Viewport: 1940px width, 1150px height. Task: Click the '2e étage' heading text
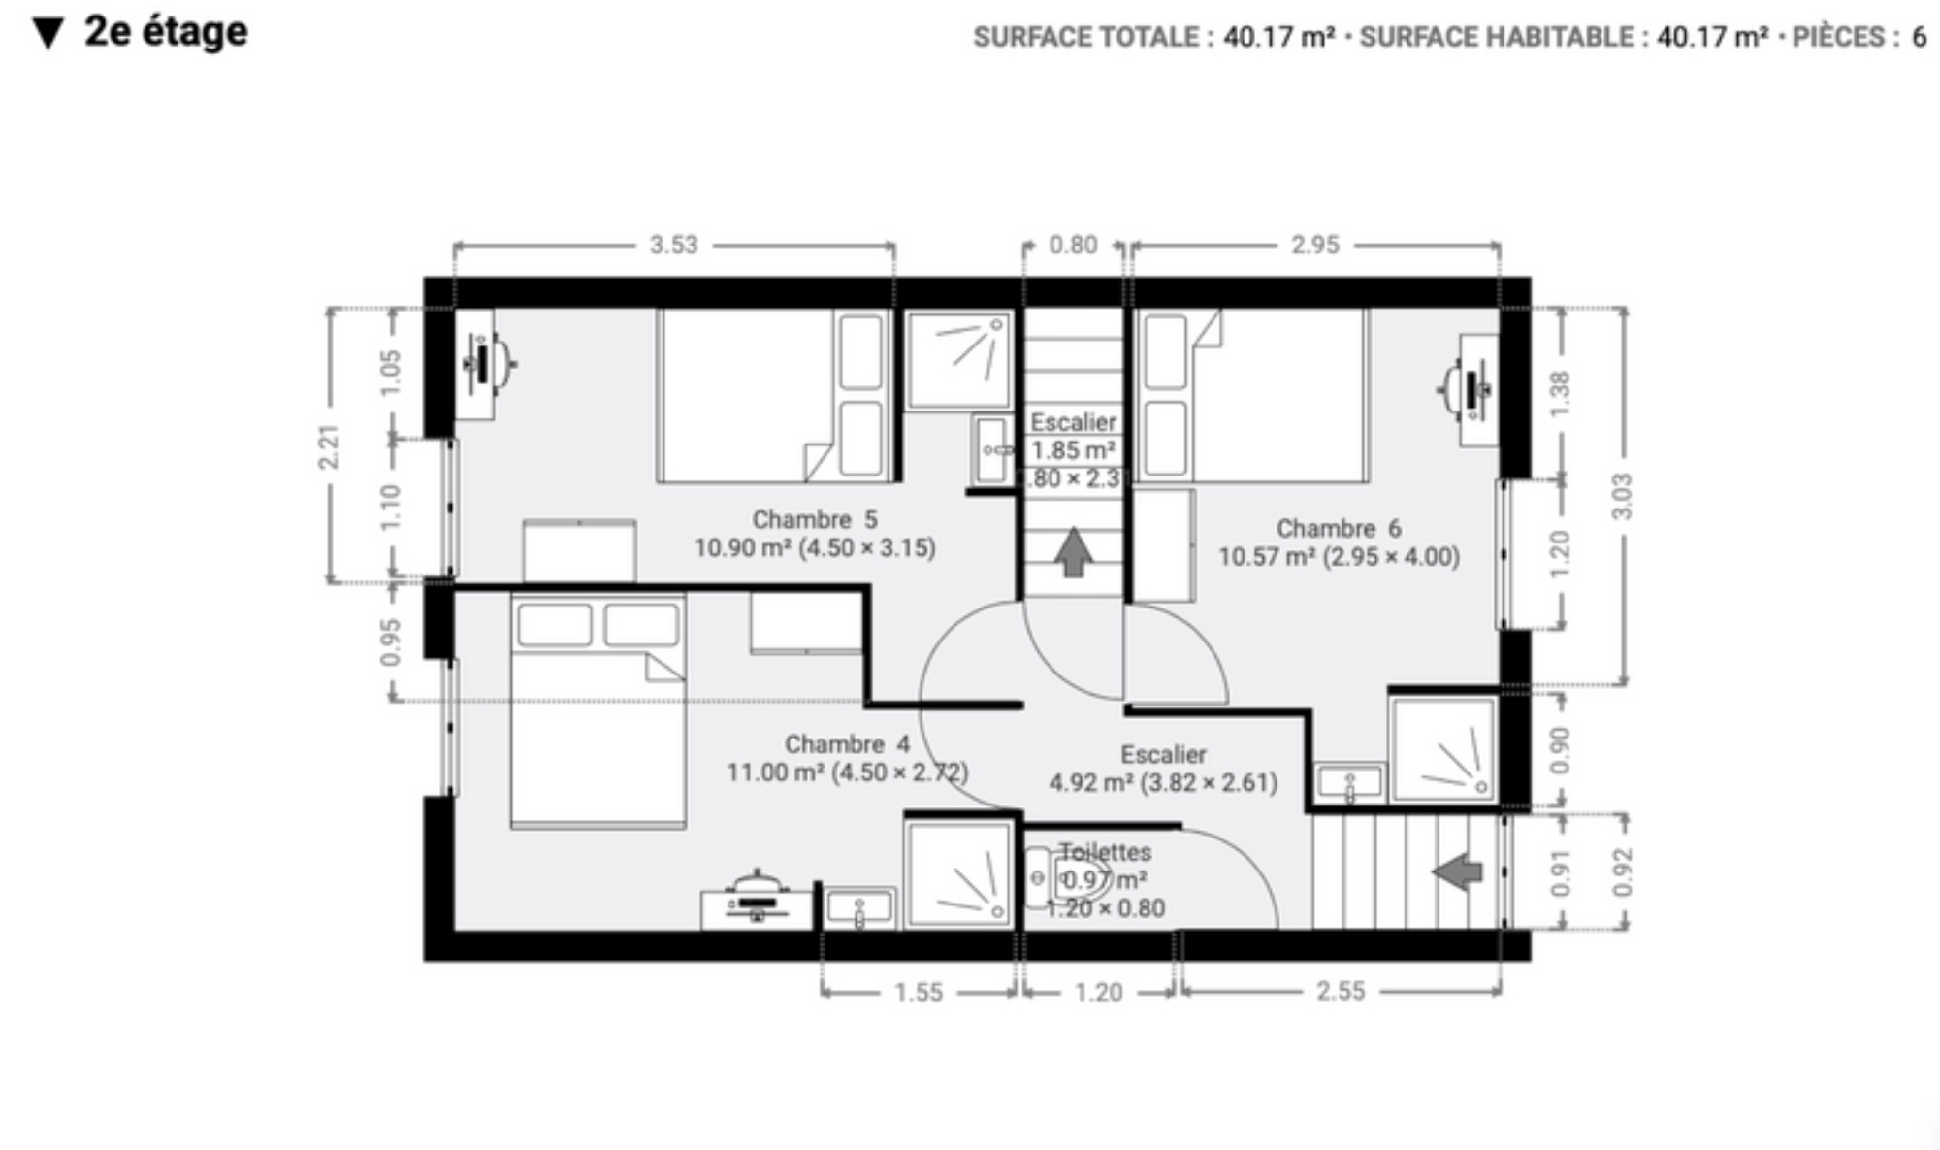[166, 32]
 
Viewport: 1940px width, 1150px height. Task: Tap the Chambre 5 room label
[815, 519]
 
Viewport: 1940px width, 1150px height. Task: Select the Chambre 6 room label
[1339, 529]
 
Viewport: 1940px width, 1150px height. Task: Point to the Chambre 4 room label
[848, 744]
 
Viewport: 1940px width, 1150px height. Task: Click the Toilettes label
[1105, 852]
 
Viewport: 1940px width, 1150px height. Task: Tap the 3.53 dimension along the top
[674, 245]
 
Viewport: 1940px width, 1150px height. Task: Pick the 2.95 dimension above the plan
[1315, 245]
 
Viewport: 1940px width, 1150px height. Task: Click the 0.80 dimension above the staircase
[1073, 245]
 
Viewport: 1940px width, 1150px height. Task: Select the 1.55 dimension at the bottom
[919, 992]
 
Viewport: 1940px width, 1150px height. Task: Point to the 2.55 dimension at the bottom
[1341, 991]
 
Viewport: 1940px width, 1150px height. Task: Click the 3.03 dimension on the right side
[1622, 496]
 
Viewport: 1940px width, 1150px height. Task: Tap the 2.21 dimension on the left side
[330, 447]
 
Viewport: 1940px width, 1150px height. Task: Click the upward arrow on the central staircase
[1073, 551]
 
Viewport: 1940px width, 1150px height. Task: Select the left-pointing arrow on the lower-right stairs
[1457, 871]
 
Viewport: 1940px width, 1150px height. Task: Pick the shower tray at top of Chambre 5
[957, 359]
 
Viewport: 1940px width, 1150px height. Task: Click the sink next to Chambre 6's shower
[1349, 783]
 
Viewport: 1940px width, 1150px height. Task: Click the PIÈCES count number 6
[1918, 37]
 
